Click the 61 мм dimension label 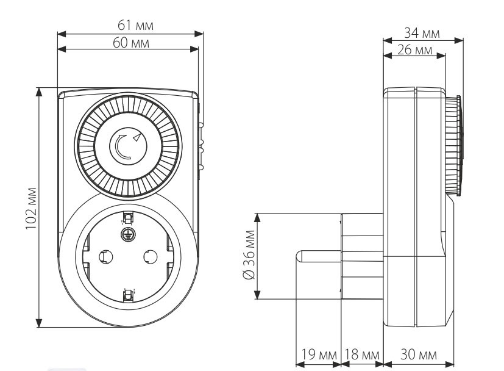coord(136,25)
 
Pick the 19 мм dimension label coord(318,355)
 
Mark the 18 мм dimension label coord(361,355)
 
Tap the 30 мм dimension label coord(419,355)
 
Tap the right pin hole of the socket coord(151,256)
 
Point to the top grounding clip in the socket coord(128,217)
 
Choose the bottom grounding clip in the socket coord(128,296)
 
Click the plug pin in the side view coord(318,257)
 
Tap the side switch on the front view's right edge coord(202,146)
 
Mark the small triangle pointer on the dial coord(140,137)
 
